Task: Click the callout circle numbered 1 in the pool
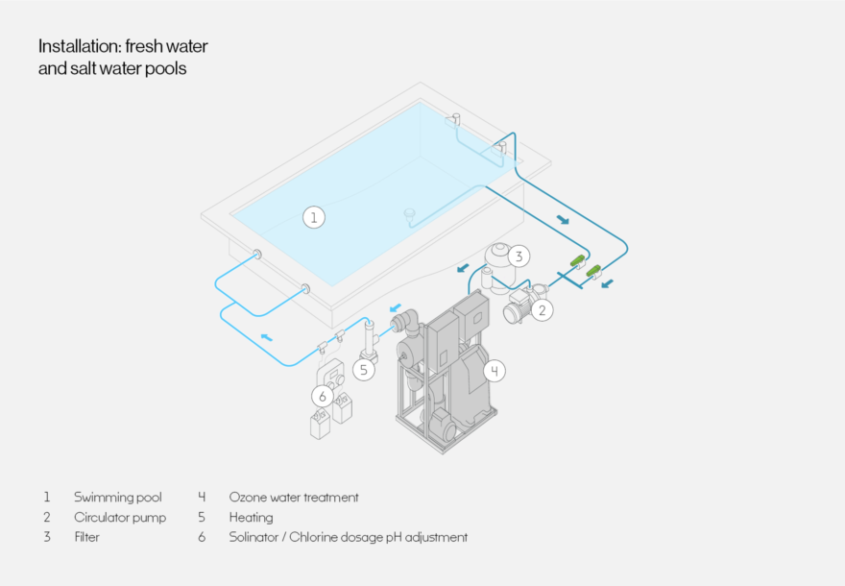click(313, 217)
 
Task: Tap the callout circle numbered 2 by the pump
click(542, 309)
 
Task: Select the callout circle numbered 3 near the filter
click(519, 256)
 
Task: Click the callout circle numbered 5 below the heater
click(363, 368)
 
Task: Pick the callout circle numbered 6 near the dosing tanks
click(323, 396)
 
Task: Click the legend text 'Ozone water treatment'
click(293, 498)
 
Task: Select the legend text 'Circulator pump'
click(120, 518)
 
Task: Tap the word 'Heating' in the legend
click(251, 518)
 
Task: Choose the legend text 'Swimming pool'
click(117, 498)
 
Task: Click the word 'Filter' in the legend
click(86, 537)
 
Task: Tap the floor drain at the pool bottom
click(410, 213)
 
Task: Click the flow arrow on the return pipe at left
click(267, 336)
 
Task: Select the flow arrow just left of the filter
click(463, 269)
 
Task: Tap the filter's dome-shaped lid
click(498, 254)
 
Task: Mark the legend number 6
click(202, 537)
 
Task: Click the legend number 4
click(202, 498)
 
